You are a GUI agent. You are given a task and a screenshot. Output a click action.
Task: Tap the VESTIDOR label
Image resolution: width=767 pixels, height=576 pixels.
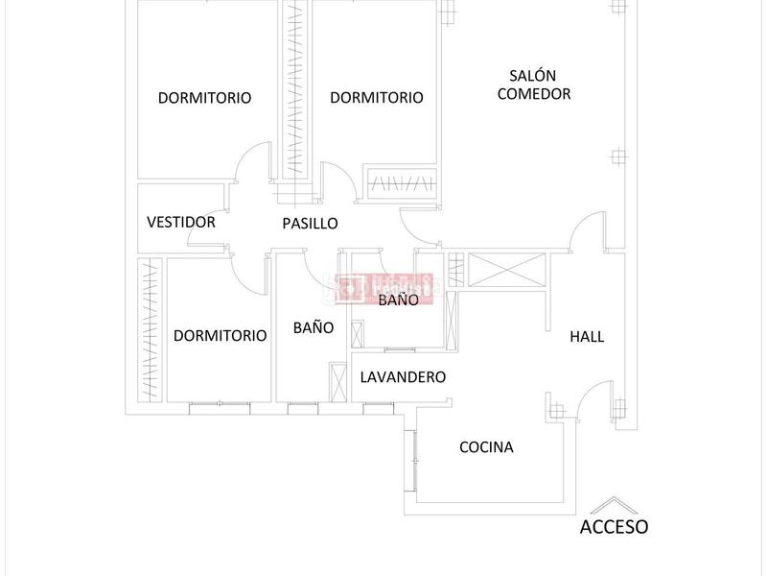(181, 222)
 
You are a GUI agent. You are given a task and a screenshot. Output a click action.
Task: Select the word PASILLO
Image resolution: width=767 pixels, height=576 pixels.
(310, 223)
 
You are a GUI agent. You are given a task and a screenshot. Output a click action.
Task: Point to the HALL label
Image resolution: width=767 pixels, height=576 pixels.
(587, 337)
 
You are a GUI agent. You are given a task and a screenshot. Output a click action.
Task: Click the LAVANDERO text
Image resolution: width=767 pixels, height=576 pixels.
(403, 377)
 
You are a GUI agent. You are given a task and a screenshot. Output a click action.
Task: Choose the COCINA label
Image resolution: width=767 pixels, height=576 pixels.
(486, 447)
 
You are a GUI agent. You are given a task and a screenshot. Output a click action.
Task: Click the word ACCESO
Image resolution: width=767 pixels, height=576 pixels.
(615, 526)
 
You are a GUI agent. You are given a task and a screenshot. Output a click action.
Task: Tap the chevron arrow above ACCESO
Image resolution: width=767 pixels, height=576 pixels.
(615, 506)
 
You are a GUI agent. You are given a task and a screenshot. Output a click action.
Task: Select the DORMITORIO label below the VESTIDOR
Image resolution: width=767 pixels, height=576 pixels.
(220, 336)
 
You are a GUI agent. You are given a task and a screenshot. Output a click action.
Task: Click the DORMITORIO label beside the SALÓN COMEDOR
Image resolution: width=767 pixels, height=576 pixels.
(377, 97)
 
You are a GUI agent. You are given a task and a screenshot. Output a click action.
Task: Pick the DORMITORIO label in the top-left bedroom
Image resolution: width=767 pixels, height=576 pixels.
(204, 97)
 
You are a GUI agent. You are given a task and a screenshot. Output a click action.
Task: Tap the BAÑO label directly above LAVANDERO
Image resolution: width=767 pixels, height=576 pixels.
(399, 300)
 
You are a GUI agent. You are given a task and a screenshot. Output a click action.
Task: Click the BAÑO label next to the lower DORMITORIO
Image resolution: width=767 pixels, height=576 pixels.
(314, 327)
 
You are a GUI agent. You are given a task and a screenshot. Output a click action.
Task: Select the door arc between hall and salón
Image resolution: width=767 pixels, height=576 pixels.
(585, 232)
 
